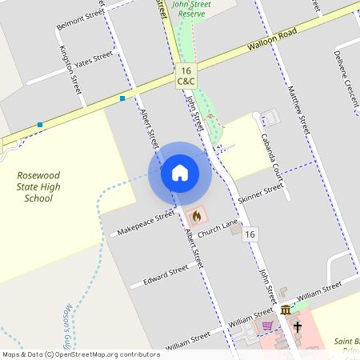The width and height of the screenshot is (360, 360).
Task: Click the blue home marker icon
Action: pyautogui.click(x=180, y=173)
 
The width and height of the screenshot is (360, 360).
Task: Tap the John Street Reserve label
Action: pyautogui.click(x=191, y=9)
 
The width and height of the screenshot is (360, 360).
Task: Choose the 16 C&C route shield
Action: pyautogui.click(x=185, y=76)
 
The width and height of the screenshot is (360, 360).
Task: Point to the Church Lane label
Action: pyautogui.click(x=219, y=230)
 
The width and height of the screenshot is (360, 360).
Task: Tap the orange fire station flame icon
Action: pyautogui.click(x=196, y=215)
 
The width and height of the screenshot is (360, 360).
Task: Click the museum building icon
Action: pyautogui.click(x=286, y=310)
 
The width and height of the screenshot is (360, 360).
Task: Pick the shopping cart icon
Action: pyautogui.click(x=267, y=326)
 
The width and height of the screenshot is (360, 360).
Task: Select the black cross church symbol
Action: pyautogui.click(x=297, y=326)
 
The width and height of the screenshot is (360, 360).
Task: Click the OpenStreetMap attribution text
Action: pyautogui.click(x=81, y=354)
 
